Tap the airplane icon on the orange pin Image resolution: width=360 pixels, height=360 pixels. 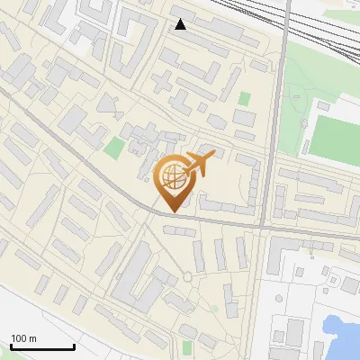click(197, 164)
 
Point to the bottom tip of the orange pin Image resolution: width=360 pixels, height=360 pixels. click(174, 211)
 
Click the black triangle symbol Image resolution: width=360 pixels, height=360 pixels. click(181, 24)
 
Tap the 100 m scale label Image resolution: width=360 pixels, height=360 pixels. click(23, 338)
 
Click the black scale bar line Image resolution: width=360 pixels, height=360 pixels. click(41, 346)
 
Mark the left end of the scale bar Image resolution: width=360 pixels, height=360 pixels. click(11, 346)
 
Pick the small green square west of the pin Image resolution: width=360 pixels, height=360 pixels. click(114, 148)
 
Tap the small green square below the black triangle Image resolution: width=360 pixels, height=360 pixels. click(245, 99)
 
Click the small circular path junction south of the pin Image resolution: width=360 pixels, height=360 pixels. click(187, 275)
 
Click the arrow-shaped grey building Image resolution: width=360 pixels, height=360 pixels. click(109, 103)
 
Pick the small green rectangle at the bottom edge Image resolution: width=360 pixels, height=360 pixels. click(187, 347)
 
